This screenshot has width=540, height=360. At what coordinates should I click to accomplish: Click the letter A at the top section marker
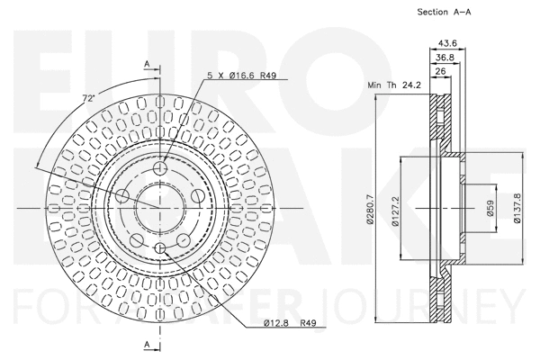146,63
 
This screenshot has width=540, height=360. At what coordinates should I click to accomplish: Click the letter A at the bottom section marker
146,345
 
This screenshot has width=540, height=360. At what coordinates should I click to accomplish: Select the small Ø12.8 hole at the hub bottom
160,247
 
